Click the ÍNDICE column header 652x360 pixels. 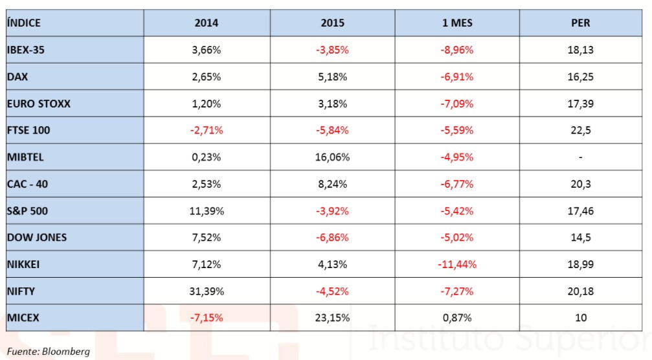click(24, 23)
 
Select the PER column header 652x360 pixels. click(581, 23)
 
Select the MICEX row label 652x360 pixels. click(24, 318)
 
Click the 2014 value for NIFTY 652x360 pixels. click(207, 291)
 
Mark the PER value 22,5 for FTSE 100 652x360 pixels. click(581, 130)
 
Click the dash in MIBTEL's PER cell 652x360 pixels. click(581, 157)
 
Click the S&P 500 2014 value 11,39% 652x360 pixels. click(207, 211)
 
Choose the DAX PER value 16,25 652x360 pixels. click(581, 76)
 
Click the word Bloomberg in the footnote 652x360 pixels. click(66, 352)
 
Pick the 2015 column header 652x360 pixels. click(333, 23)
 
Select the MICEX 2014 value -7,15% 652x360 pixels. click(207, 318)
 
